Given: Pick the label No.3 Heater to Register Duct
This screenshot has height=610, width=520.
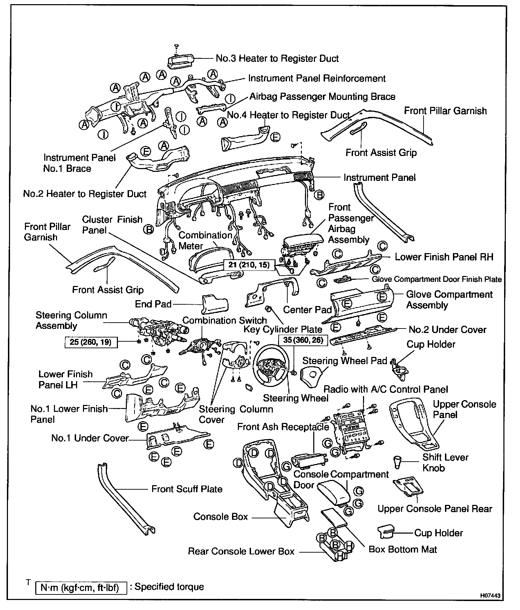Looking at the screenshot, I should [x=277, y=58].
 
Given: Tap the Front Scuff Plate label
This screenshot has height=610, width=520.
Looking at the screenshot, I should [x=187, y=489].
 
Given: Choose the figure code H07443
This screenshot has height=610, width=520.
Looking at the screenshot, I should [x=490, y=595].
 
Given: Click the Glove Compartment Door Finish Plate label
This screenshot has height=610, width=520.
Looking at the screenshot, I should [x=436, y=279].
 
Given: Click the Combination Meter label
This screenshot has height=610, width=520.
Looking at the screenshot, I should [x=205, y=241].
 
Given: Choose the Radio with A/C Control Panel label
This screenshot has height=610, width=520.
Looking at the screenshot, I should [x=386, y=389].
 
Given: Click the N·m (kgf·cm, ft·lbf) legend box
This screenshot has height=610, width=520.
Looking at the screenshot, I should [x=81, y=588].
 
